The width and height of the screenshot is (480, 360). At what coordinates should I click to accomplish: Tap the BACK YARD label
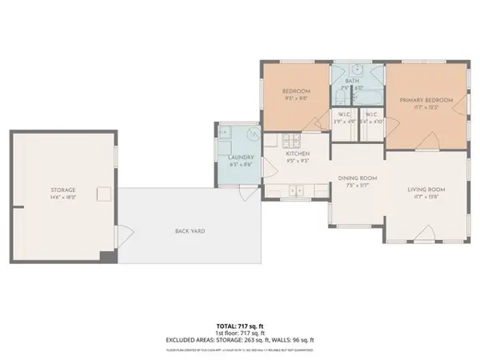coord(190,231)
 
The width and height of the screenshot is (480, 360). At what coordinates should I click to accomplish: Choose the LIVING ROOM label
coord(426,189)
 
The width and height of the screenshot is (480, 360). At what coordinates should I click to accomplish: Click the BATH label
coord(352,81)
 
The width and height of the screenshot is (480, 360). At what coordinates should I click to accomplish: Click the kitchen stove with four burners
coord(271,142)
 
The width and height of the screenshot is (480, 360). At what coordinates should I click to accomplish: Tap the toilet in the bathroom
coord(341,98)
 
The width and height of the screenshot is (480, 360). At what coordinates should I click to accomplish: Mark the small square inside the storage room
coord(102,193)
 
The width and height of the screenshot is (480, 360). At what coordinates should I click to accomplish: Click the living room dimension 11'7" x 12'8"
coord(426,197)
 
